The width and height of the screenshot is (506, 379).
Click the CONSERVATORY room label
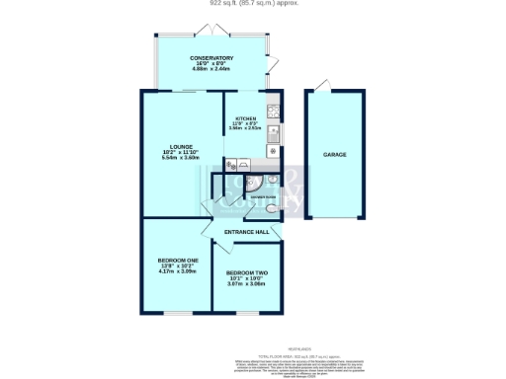point(211,58)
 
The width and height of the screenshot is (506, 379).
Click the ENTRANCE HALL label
point(246,232)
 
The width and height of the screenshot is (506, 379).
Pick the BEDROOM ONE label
point(179,260)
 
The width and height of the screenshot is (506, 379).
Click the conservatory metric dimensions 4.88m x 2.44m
point(211,70)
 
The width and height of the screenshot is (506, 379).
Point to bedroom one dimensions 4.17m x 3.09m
point(179,271)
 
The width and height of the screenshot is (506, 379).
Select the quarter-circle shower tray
point(255,184)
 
